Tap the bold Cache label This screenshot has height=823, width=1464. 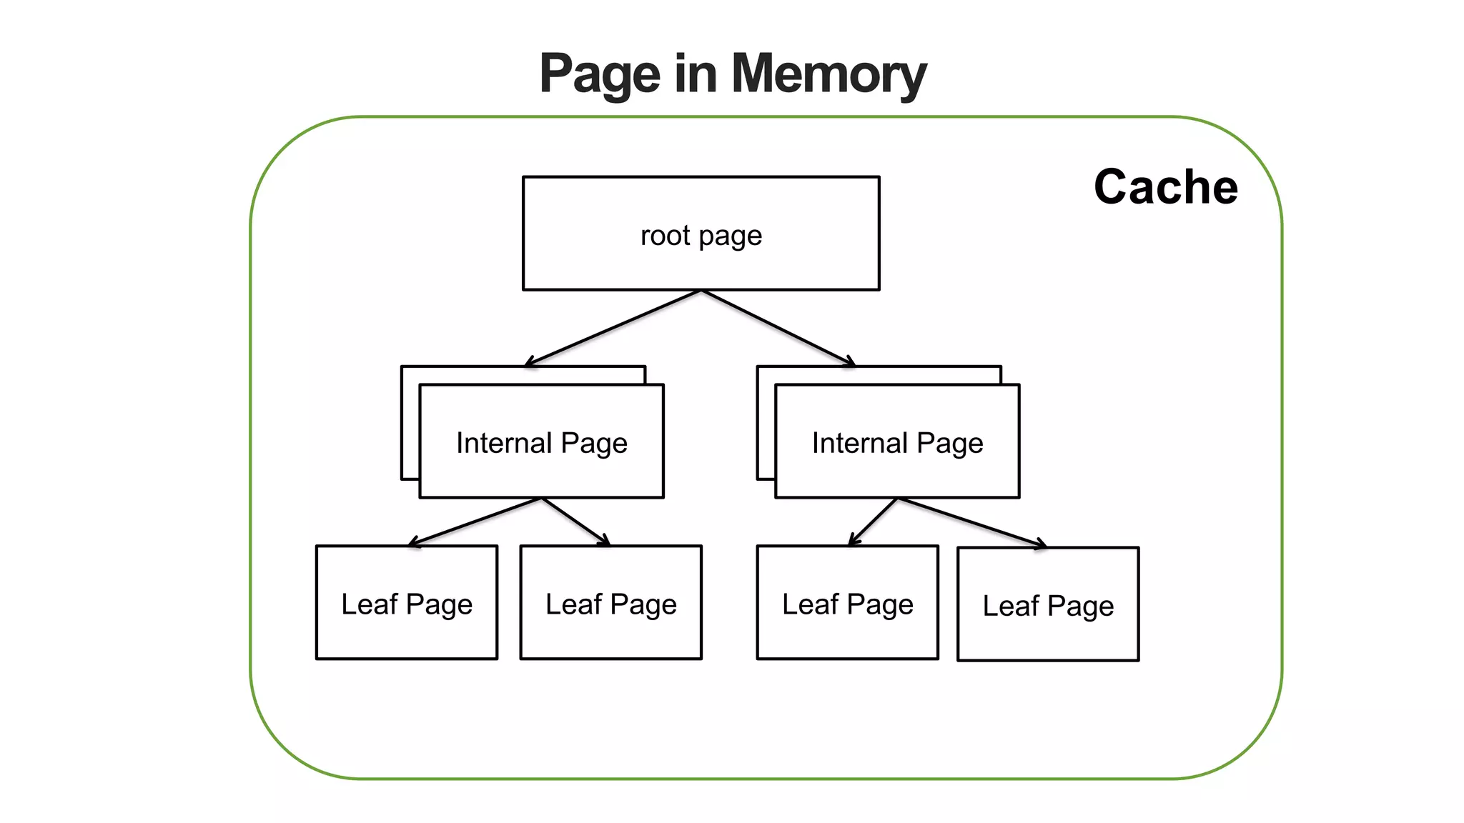coord(1165,187)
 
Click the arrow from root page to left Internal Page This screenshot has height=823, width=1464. coord(613,328)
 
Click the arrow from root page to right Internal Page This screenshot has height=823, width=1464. coord(778,328)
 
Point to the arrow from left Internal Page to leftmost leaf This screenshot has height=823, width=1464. coord(475,522)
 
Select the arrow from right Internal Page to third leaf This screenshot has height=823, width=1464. coord(873,522)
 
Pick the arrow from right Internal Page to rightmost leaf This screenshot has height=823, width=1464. coord(971,523)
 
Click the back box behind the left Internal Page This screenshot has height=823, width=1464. coord(410,429)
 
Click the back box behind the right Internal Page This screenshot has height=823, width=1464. coord(766,429)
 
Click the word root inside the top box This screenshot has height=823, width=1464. coord(665,236)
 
